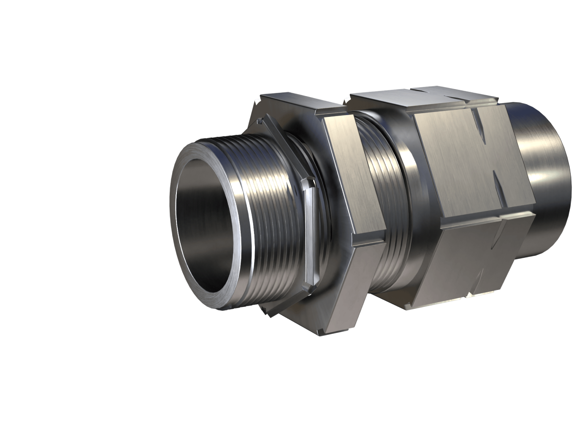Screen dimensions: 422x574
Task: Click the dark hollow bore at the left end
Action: (x=207, y=236)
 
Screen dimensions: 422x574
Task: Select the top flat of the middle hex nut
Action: (x=295, y=105)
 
